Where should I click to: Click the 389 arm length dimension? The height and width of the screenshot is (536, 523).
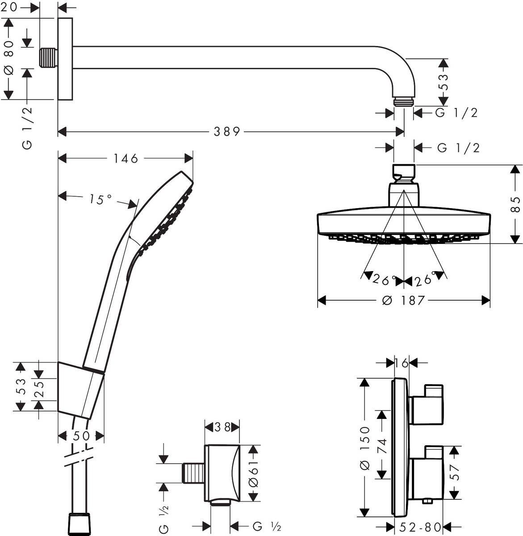tap(226, 132)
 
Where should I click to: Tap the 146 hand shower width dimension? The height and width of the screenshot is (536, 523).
tap(126, 159)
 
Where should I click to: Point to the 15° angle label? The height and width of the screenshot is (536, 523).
tap(99, 199)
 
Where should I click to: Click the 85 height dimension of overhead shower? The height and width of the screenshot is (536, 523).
tap(516, 205)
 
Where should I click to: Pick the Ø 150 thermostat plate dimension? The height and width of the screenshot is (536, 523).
tap(365, 447)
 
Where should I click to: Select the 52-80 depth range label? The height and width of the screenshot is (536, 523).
tap(420, 528)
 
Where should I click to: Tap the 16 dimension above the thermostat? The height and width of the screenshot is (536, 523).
tap(402, 363)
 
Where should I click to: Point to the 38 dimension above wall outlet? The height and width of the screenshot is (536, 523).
tap(222, 427)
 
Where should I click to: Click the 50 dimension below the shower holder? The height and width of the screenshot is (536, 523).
tap(81, 436)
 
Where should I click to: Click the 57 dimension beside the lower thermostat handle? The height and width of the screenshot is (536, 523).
tap(455, 472)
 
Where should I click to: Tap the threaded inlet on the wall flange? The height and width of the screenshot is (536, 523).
tap(48, 58)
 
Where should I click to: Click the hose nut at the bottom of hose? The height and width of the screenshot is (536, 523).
tap(80, 525)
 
